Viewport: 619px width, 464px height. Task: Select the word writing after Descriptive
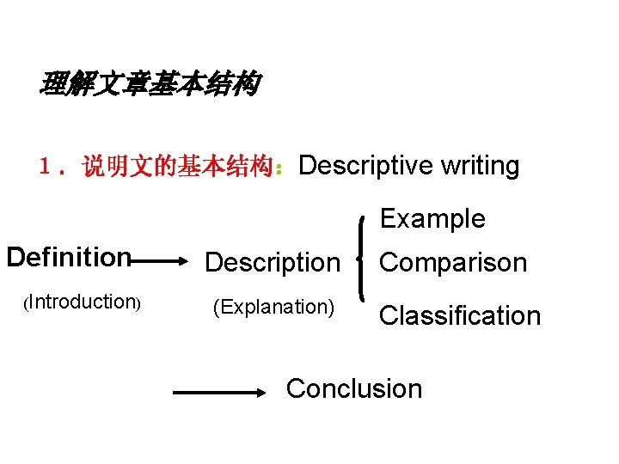point(479,166)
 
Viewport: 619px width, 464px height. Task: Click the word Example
point(432,218)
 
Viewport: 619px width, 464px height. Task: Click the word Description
point(273,262)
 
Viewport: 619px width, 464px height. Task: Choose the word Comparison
point(453,262)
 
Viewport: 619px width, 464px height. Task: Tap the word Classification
point(460,315)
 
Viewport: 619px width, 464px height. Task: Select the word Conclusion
point(353,388)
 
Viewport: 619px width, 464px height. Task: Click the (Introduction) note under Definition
point(82,302)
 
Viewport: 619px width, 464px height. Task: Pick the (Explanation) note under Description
point(273,307)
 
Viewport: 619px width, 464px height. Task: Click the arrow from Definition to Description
point(159,257)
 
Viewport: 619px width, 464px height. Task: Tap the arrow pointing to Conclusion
point(222,393)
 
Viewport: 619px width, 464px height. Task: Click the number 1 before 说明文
point(46,167)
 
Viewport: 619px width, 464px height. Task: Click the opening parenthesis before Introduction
point(27,302)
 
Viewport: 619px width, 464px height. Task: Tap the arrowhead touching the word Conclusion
point(263,393)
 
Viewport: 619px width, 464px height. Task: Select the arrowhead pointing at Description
point(182,257)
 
